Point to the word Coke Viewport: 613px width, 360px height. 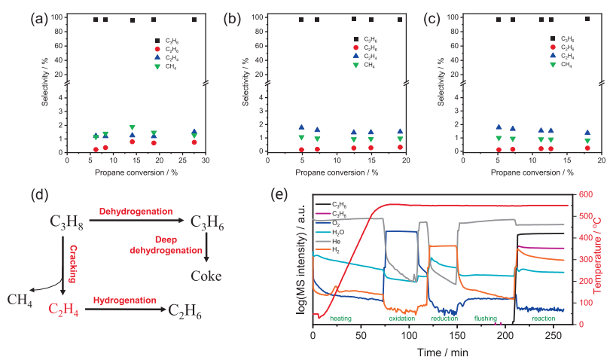tap(206, 276)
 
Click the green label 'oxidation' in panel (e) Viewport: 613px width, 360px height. tap(402, 319)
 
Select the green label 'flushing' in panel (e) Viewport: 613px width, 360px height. tap(485, 319)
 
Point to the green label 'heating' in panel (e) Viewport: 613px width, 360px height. tap(340, 319)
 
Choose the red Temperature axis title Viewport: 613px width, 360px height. tap(604, 260)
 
